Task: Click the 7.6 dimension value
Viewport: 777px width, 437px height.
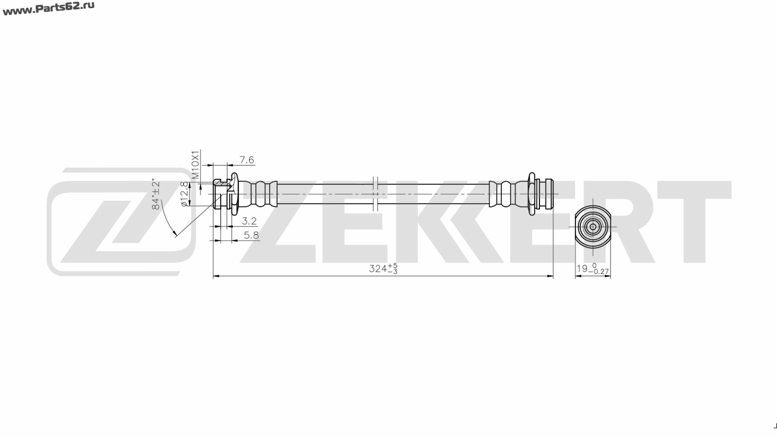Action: point(246,160)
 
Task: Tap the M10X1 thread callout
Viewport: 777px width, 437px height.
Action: point(195,165)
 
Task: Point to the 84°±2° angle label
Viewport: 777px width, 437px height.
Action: point(156,195)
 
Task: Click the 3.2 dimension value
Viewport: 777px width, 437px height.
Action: point(249,221)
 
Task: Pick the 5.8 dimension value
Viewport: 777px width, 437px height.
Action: point(251,235)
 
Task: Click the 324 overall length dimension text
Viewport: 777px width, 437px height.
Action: point(378,268)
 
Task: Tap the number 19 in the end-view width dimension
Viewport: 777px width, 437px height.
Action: point(582,268)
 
